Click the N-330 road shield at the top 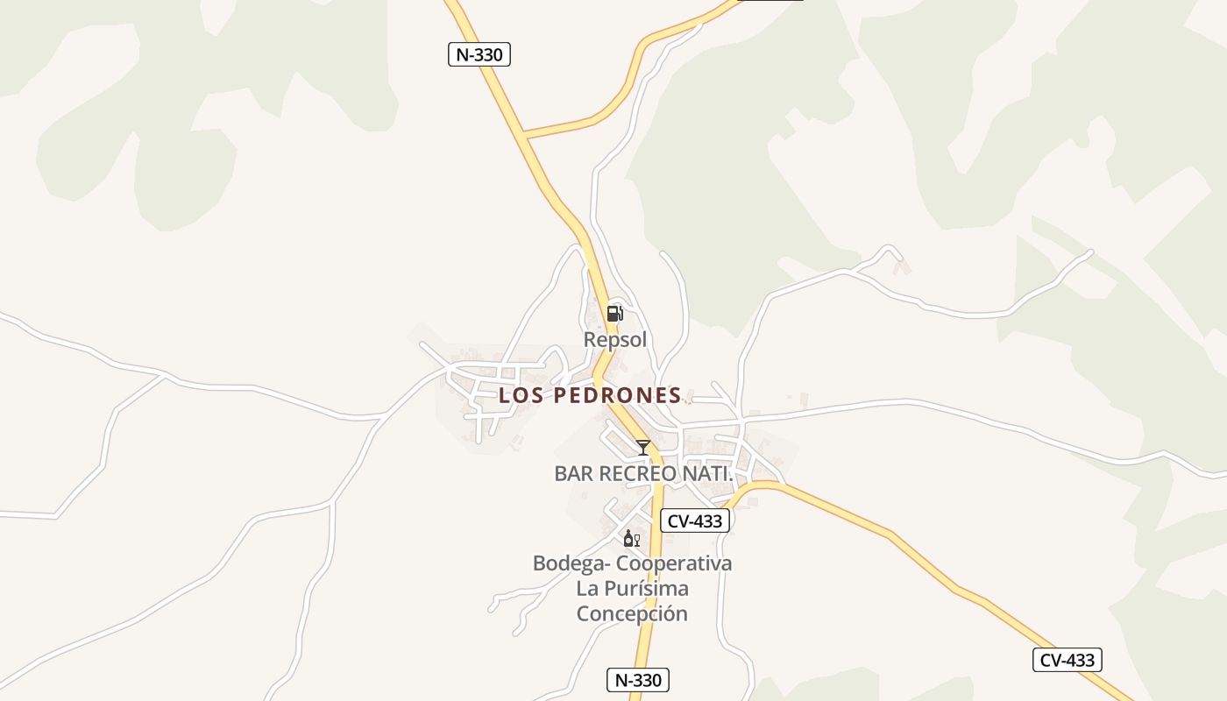(479, 54)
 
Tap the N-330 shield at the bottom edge (638, 680)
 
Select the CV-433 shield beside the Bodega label (695, 520)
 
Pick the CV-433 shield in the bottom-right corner (1067, 660)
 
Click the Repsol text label (614, 339)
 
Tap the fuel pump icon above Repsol (614, 313)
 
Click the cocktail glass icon (643, 447)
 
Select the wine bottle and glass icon (631, 538)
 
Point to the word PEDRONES (618, 395)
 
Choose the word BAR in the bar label (572, 473)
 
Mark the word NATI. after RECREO (707, 473)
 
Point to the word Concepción (631, 613)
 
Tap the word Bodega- (566, 563)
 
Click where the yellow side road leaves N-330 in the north (523, 136)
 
